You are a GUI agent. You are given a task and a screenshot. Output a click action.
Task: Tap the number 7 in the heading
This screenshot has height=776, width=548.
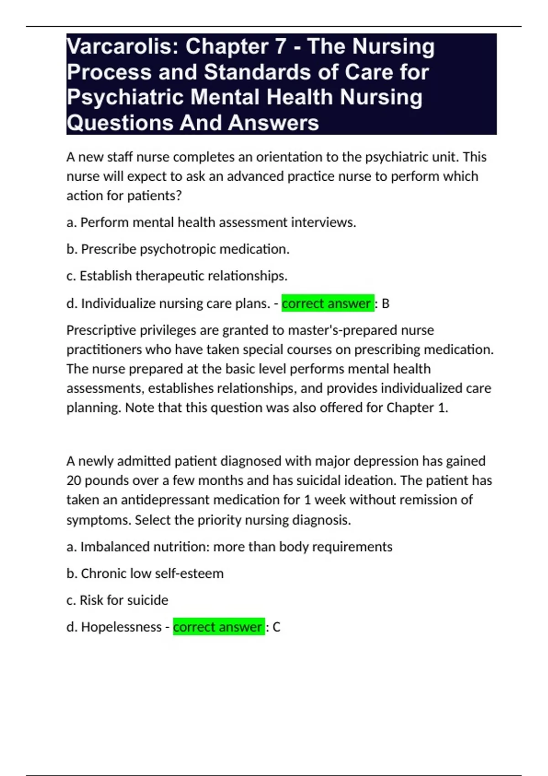tap(279, 47)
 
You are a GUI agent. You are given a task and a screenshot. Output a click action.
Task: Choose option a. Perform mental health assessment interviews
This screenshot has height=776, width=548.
tap(211, 222)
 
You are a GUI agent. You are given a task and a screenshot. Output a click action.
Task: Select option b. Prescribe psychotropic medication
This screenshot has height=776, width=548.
tap(178, 249)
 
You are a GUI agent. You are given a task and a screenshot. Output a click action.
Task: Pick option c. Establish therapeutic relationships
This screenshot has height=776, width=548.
tap(177, 276)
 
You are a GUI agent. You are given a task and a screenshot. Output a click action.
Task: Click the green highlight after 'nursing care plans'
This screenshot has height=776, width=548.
tap(327, 304)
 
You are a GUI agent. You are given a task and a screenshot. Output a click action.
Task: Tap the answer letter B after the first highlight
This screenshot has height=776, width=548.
tap(385, 304)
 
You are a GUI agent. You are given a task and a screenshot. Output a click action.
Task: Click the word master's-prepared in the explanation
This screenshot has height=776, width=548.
tap(342, 330)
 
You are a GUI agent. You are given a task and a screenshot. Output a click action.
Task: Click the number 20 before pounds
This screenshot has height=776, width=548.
tap(74, 481)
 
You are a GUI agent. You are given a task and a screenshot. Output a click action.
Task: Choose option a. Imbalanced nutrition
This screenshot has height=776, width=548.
tap(229, 547)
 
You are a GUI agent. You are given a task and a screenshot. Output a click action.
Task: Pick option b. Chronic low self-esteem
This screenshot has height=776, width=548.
tap(145, 573)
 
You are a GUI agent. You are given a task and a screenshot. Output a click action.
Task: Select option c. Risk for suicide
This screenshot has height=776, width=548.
tap(117, 600)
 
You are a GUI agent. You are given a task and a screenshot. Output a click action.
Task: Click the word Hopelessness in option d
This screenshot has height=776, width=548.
tap(121, 627)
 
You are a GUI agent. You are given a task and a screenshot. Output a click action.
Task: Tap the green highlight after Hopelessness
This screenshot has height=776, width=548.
tap(219, 627)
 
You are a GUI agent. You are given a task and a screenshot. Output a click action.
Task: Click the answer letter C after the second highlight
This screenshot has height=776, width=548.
tap(276, 627)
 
